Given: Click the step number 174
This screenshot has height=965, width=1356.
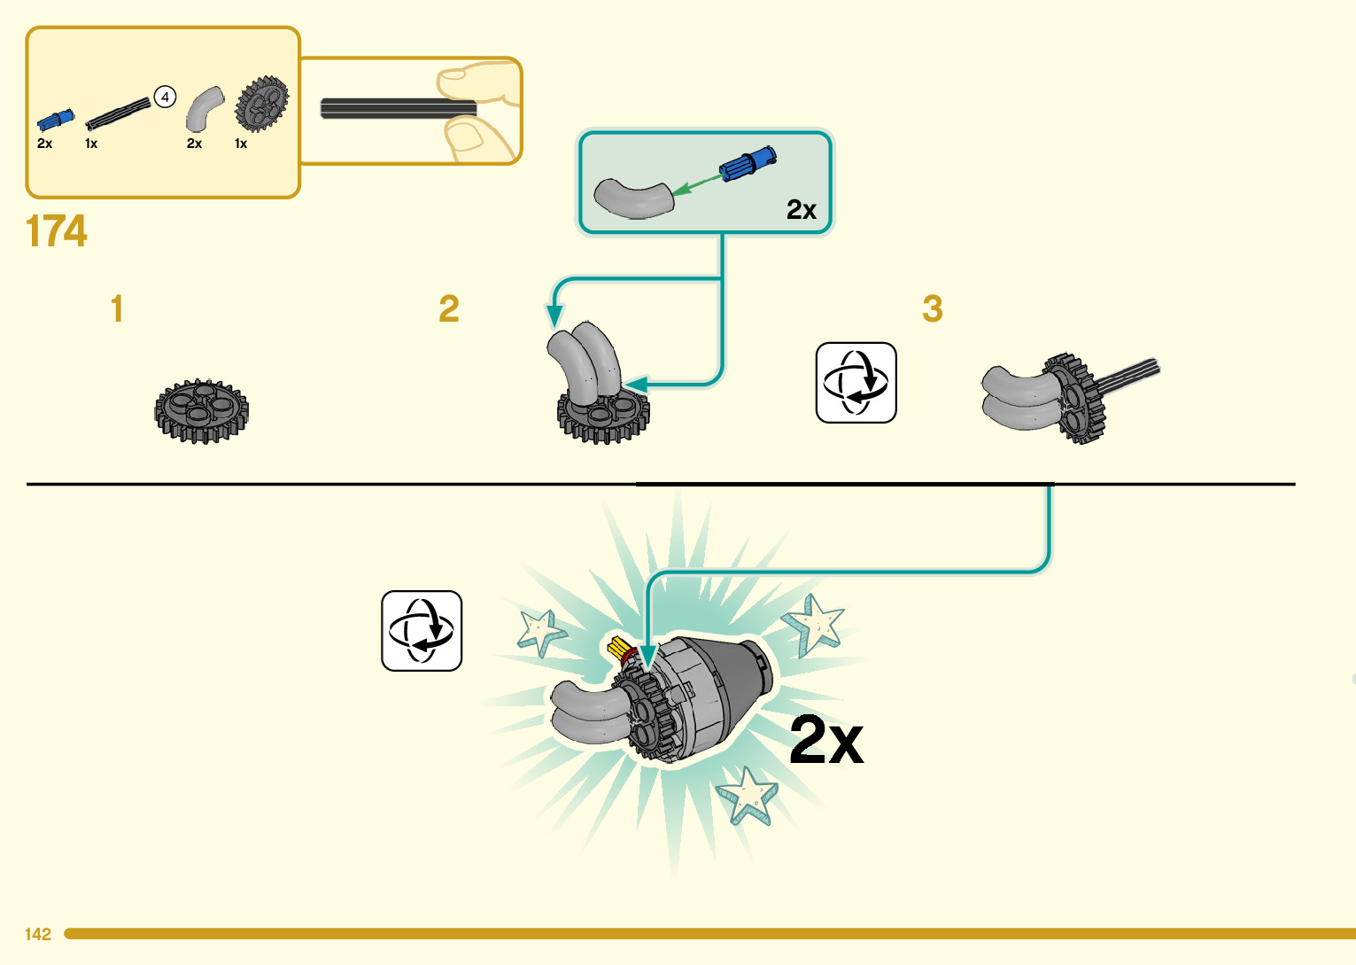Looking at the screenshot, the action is point(57,231).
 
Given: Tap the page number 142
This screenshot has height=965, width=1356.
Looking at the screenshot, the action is point(38,934).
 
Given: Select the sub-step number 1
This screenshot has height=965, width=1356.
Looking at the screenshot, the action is point(117,309).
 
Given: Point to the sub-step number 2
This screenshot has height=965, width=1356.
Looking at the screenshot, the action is point(449,309).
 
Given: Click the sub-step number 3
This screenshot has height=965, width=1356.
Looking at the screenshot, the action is point(932,309).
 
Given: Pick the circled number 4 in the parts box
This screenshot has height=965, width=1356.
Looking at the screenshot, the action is point(166,97).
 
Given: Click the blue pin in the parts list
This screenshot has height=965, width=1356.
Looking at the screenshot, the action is point(55,120).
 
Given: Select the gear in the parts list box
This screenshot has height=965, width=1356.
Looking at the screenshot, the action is point(261,103).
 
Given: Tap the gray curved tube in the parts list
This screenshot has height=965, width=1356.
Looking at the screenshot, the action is point(203,108).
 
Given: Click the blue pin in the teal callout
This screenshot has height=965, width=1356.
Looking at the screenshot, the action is point(748,164).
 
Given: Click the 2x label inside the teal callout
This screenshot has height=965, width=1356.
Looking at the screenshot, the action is point(801,210).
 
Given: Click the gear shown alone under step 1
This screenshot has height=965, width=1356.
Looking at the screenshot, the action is point(201,410).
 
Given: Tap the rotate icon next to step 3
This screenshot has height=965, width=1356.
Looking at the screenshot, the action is point(856,383).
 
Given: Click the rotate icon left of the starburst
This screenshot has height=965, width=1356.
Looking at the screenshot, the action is point(422,631).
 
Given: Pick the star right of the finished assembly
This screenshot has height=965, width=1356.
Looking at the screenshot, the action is point(814,623).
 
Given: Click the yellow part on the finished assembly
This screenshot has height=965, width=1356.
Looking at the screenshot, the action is point(618,646).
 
